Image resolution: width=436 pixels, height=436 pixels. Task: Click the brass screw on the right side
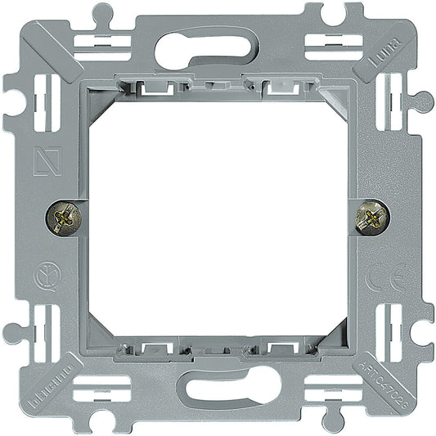coord(373,218)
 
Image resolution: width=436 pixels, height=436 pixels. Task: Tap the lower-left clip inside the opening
coord(151,350)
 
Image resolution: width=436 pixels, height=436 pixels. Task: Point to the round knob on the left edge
coord(11,333)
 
